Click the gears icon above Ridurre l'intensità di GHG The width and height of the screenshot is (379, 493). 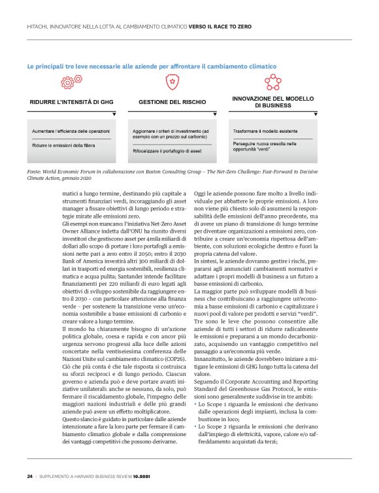67,82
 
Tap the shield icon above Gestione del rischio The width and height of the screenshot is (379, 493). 172,82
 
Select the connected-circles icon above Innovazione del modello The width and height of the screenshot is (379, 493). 272,82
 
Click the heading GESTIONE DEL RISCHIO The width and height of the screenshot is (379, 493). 172,103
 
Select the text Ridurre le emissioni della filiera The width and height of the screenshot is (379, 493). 62,144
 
